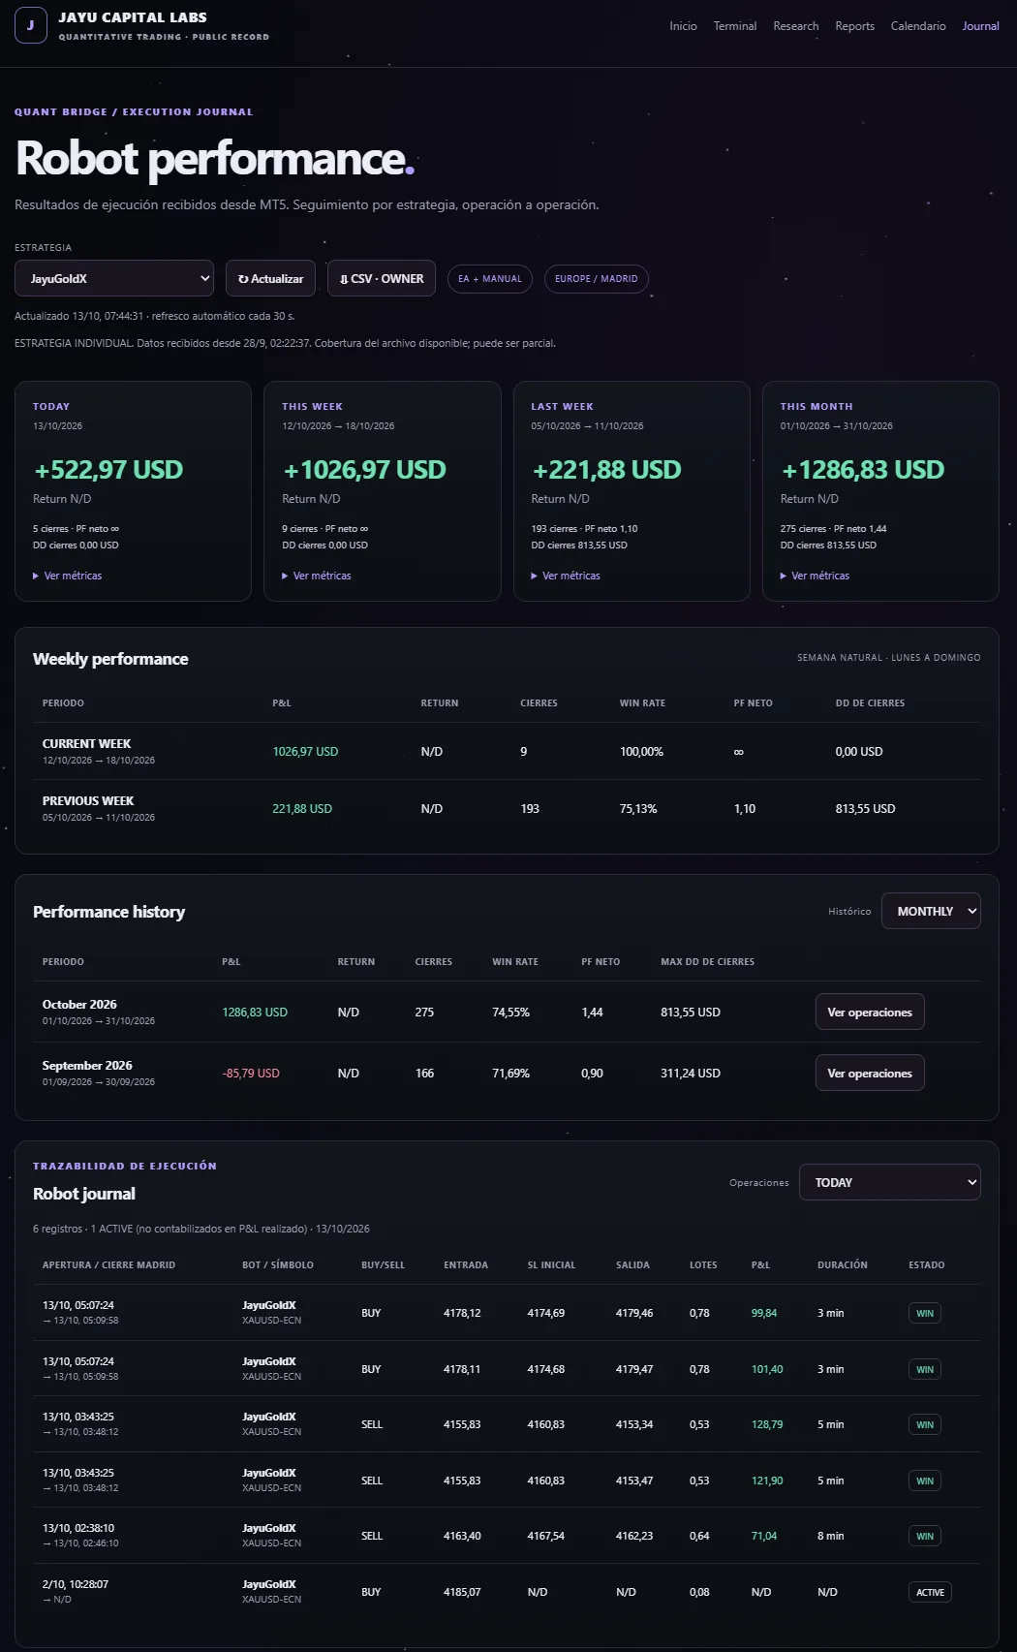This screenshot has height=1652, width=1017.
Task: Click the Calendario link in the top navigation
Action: [x=917, y=26]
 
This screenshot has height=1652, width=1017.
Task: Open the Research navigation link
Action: [x=796, y=26]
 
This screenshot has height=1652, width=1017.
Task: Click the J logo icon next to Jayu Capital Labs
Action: [x=31, y=25]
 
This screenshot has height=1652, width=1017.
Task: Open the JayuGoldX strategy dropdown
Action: [x=114, y=279]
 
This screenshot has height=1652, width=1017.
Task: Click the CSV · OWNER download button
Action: [x=382, y=279]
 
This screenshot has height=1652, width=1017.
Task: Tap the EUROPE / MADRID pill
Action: [x=596, y=279]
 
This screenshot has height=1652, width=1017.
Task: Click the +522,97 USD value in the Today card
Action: [x=108, y=470]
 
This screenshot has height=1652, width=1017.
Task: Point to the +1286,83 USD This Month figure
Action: [x=863, y=470]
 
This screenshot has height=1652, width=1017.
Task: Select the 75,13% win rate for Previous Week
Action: [x=638, y=809]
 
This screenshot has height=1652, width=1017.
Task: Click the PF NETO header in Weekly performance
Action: [x=753, y=702]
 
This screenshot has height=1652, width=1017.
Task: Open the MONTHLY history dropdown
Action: [x=931, y=911]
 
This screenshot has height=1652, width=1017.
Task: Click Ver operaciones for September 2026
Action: [x=870, y=1073]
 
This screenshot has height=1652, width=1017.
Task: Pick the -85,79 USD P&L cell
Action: [x=251, y=1073]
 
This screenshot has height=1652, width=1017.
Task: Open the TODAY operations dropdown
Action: [x=889, y=1182]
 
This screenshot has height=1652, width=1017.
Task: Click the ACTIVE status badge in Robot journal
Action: [x=930, y=1592]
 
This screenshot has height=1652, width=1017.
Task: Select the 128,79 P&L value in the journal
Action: [x=767, y=1425]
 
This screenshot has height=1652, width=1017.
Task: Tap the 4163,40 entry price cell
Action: [x=462, y=1536]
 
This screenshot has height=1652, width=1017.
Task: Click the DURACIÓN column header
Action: [x=843, y=1264]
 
